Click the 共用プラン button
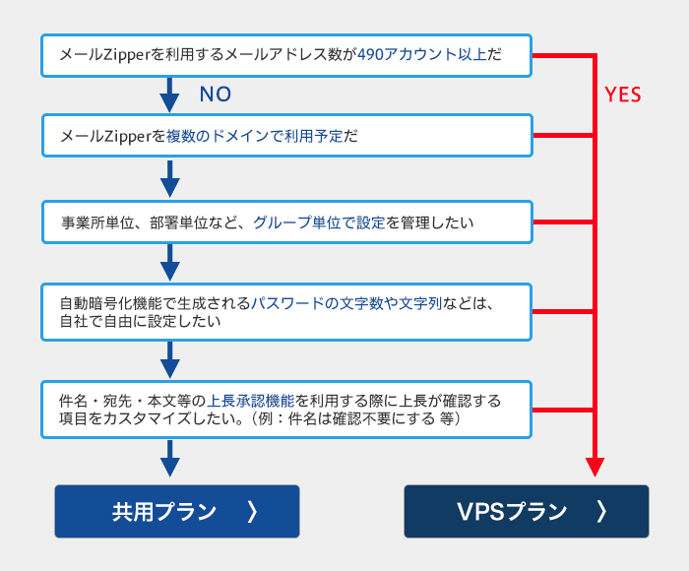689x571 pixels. [x=177, y=511]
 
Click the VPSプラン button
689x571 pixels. [x=527, y=511]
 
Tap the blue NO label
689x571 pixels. [x=216, y=95]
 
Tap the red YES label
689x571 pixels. [x=623, y=95]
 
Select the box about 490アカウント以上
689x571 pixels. [x=286, y=55]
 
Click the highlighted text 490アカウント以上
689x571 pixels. [x=422, y=54]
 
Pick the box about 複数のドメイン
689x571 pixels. [x=287, y=136]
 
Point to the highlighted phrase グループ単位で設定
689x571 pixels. [x=319, y=222]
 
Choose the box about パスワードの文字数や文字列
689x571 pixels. [x=286, y=312]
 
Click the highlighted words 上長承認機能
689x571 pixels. [x=250, y=401]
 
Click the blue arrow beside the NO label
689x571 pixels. [x=169, y=95]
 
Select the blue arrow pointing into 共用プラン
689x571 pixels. [x=169, y=458]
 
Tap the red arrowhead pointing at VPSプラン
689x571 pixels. [x=595, y=467]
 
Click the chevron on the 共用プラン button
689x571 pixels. [x=252, y=512]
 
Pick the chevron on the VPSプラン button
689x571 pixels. [x=601, y=512]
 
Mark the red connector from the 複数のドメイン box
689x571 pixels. [x=564, y=136]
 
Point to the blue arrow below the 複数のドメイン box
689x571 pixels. [x=169, y=178]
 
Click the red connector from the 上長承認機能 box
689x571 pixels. [x=564, y=410]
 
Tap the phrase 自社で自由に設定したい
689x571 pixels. [x=140, y=321]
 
